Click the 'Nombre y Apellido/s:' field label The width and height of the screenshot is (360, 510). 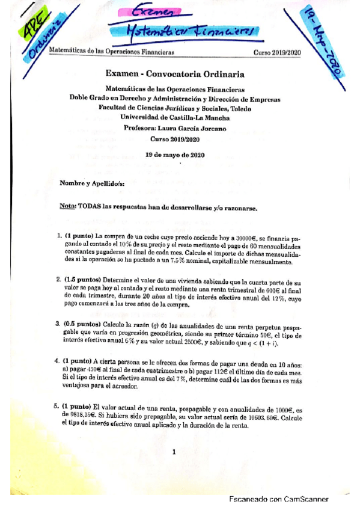coord(91,182)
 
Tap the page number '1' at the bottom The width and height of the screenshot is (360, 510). coord(172,452)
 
